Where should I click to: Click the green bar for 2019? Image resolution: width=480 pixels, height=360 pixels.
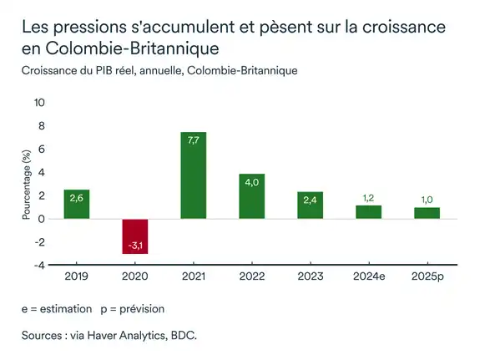77,205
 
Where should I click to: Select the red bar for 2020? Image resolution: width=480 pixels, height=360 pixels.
135,236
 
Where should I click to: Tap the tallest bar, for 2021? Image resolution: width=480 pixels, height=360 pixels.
194,175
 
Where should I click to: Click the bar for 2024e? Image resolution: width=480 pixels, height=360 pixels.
368,212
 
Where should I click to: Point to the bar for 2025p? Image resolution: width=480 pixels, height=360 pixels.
427,213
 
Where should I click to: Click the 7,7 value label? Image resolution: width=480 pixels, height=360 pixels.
194,141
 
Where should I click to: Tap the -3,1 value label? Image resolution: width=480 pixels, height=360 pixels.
135,246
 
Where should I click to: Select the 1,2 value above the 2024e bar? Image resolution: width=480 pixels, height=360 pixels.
368,198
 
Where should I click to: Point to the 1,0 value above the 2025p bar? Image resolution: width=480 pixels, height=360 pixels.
427,200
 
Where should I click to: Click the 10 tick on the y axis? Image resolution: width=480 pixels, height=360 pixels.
39,103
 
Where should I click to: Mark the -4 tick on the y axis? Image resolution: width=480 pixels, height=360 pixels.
39,266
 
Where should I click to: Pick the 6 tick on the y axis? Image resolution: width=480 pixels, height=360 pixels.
42,150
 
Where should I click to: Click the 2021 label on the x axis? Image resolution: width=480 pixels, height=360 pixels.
194,276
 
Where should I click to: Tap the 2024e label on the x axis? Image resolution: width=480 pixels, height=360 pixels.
368,276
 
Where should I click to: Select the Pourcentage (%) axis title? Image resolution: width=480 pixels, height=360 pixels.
26,185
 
